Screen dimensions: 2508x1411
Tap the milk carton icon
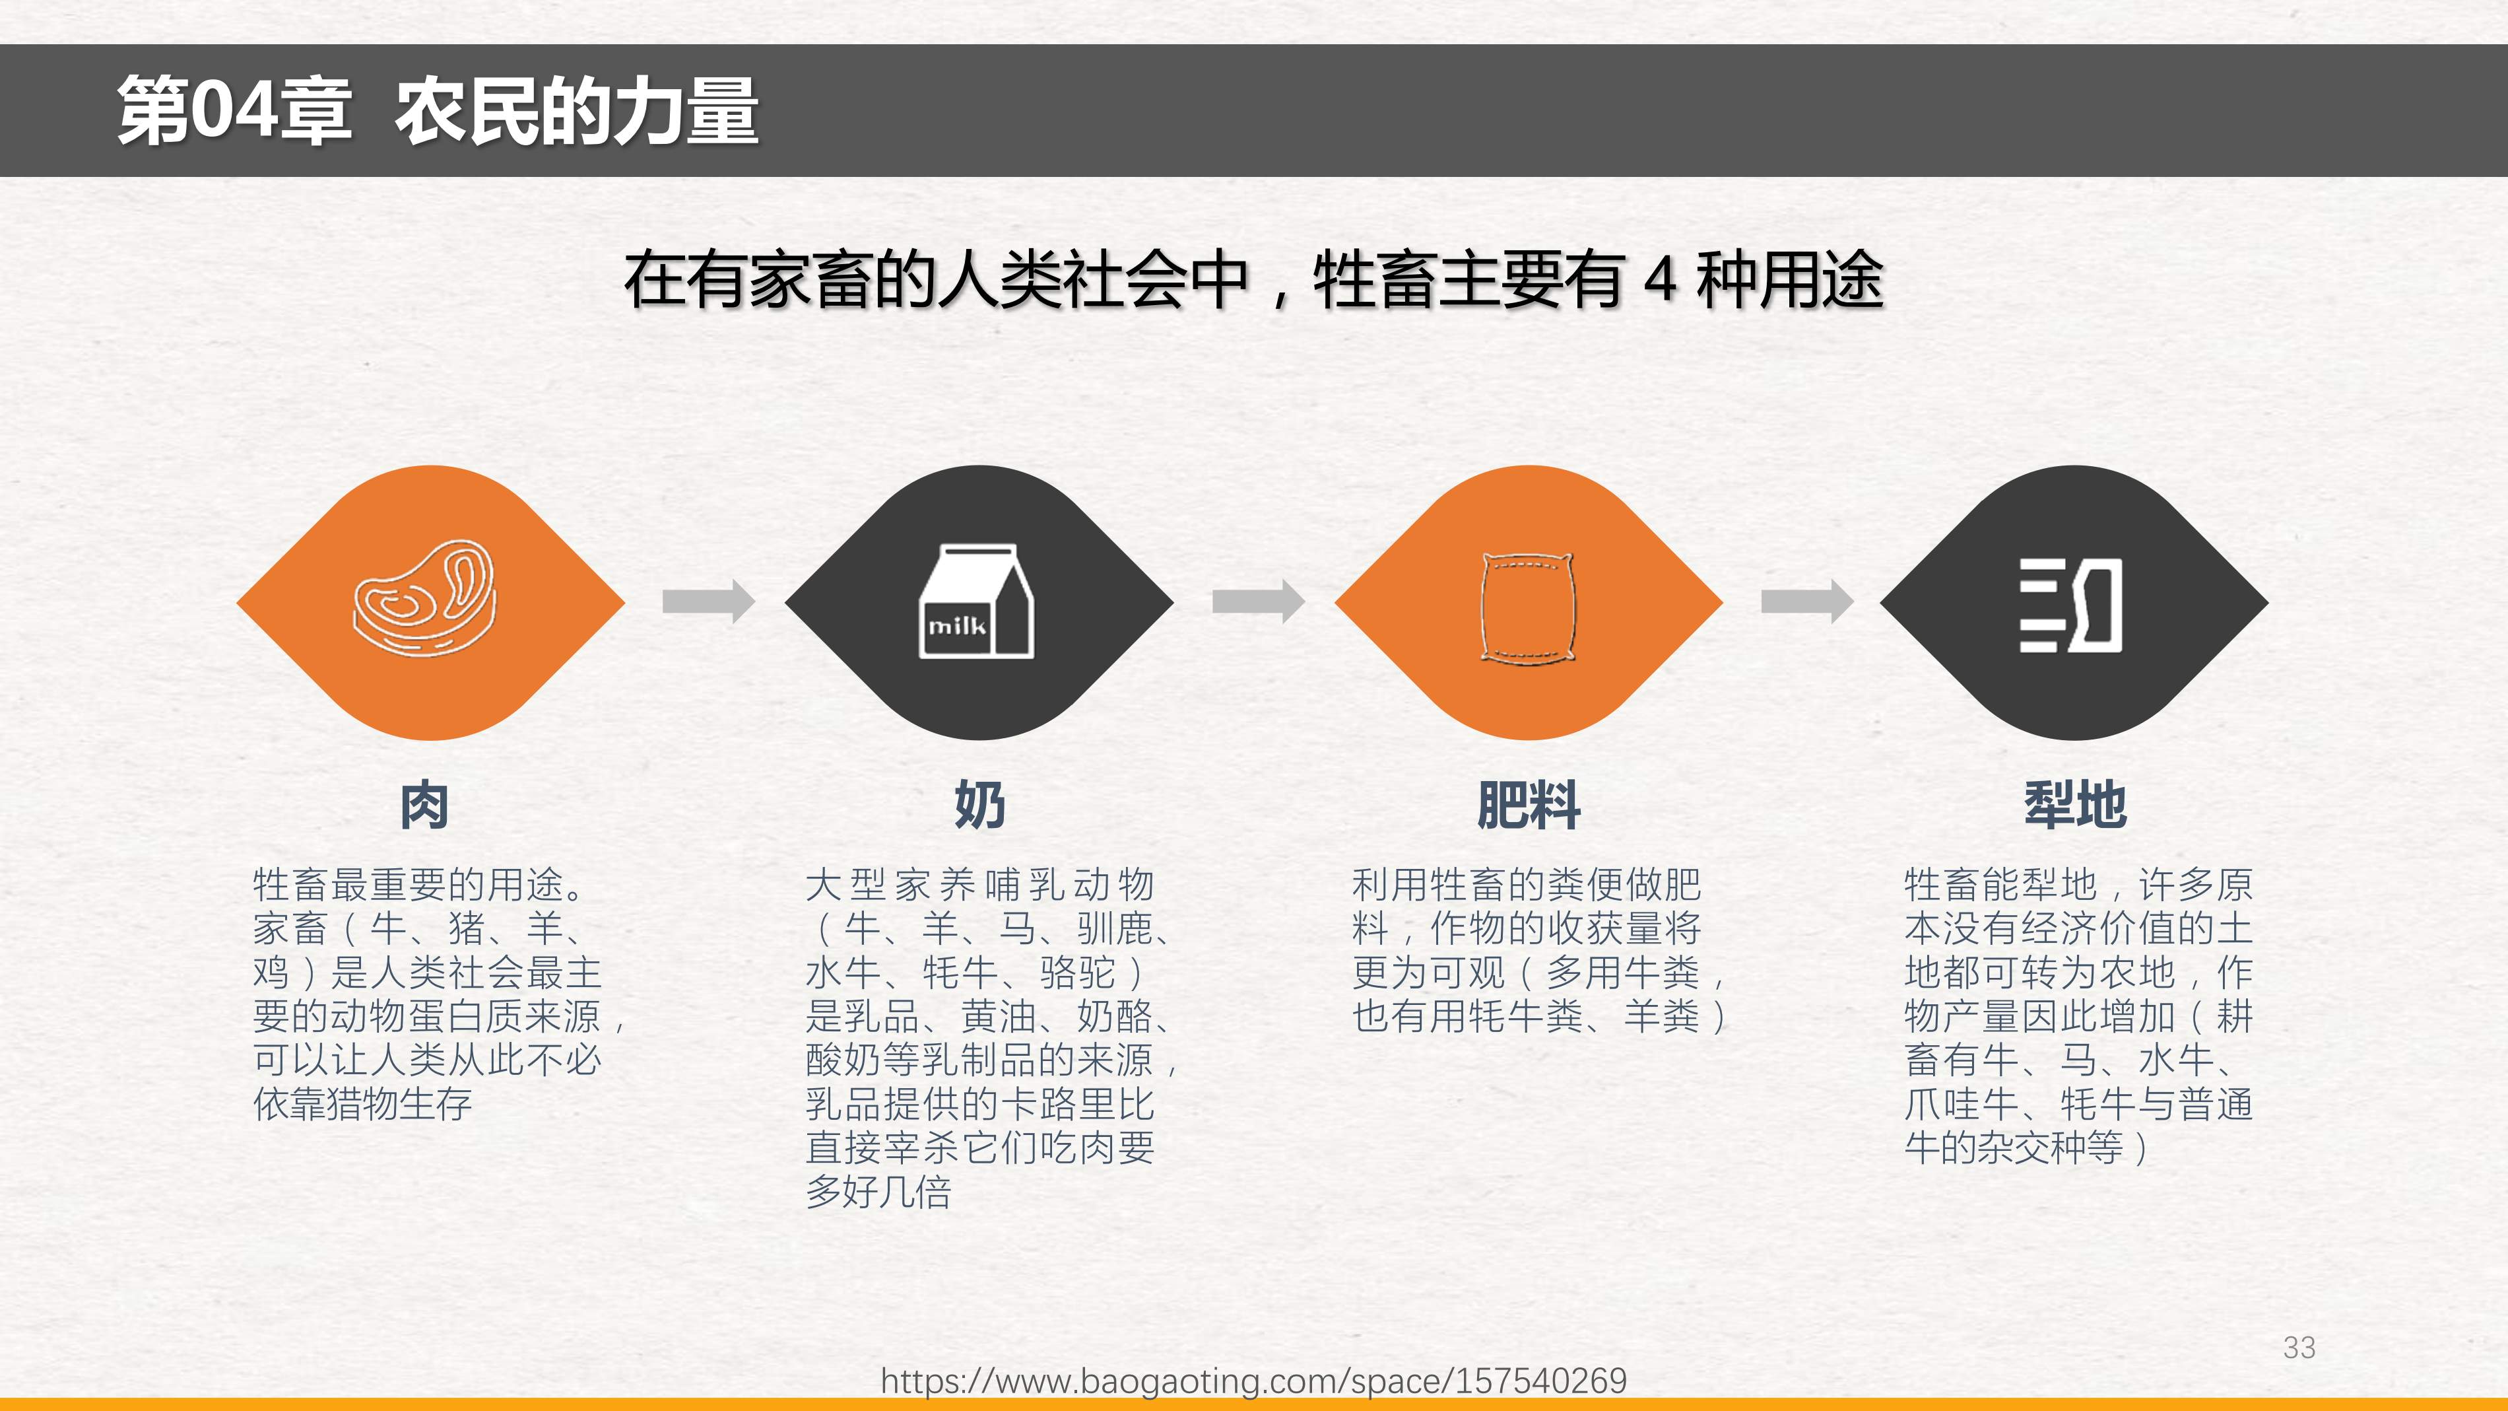click(977, 601)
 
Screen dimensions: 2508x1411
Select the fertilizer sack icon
click(1527, 607)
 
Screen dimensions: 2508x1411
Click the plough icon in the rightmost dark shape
click(2071, 605)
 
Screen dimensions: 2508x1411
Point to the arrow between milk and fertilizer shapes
click(1259, 601)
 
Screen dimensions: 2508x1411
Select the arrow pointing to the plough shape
click(1808, 601)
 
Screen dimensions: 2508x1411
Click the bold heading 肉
click(424, 806)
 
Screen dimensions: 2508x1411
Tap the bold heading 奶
click(979, 806)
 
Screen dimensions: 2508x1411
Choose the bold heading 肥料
click(1529, 806)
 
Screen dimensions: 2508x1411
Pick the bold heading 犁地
click(2076, 806)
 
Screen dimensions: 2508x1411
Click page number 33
click(2299, 1348)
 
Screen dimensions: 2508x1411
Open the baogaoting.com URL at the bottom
click(1254, 1381)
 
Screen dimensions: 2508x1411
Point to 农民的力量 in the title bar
click(576, 111)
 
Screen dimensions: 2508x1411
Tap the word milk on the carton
click(957, 625)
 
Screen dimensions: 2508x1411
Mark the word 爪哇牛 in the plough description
click(1962, 1104)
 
